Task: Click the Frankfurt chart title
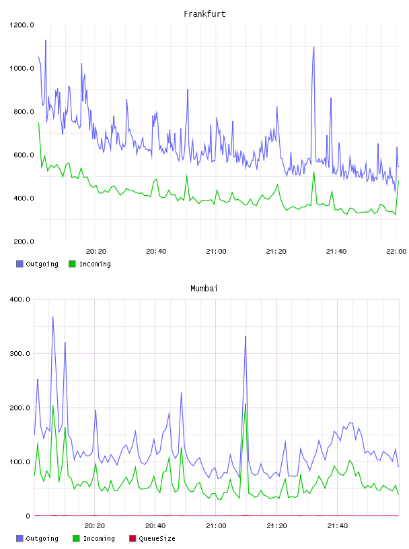204,14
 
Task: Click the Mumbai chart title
204,289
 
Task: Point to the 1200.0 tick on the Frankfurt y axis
22,25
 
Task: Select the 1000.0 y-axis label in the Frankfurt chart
22,68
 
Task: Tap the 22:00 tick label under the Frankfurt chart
396,252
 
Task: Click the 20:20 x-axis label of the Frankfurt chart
96,252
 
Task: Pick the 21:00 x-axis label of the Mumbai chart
216,526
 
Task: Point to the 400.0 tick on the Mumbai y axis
20,299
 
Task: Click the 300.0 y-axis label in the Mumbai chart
20,354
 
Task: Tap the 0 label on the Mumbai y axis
28,516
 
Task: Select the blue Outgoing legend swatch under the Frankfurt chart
20,264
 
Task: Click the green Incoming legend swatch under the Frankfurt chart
72,264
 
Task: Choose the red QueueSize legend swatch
133,538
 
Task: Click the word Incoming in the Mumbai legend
99,539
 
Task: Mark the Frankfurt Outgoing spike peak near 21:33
313,47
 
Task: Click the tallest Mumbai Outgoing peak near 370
53,317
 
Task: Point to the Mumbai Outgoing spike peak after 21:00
246,336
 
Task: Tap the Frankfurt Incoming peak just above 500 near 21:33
313,172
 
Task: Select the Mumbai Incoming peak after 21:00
246,404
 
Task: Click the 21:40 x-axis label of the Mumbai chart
338,526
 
